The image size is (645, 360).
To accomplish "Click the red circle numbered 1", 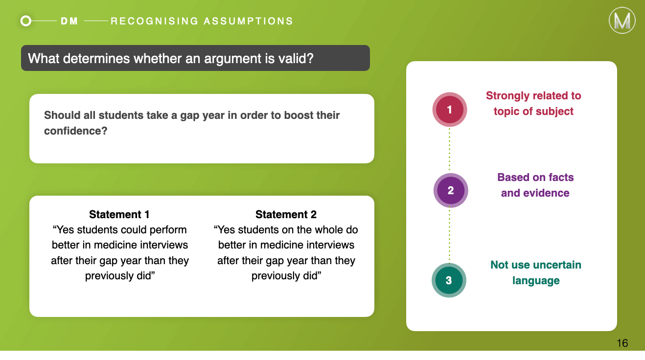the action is (x=449, y=110).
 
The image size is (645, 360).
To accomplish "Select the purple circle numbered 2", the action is (x=451, y=190).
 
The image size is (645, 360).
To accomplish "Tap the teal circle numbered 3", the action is (x=449, y=280).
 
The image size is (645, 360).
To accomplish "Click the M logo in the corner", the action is (x=622, y=21).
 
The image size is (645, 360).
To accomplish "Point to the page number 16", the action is (x=622, y=343).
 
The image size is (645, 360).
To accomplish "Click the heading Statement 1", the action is (x=119, y=214).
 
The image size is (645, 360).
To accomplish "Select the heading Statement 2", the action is (x=286, y=214).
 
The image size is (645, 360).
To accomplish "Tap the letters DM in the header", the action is (x=69, y=22).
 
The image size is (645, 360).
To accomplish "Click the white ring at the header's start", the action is (x=26, y=21).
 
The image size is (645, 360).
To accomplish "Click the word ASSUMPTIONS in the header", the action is (x=249, y=22).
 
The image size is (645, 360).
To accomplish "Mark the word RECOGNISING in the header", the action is (x=155, y=22).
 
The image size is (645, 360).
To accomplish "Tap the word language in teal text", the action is (x=536, y=281).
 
